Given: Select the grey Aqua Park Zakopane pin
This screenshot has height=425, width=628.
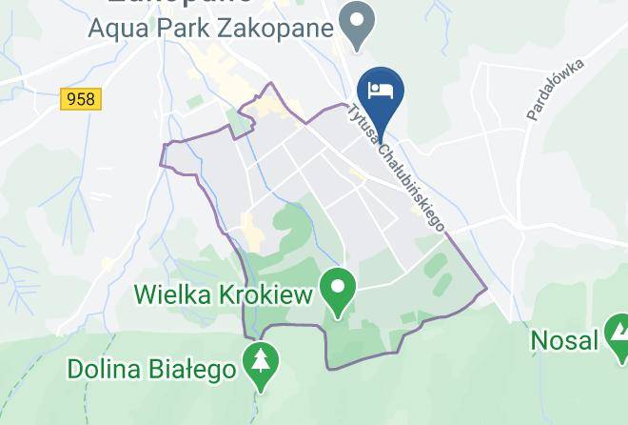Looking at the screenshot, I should (358, 24).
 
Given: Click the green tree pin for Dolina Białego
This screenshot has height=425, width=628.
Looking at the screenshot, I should (259, 363).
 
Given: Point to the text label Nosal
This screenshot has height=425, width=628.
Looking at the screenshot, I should (563, 339).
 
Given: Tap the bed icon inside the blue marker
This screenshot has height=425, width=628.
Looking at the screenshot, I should (382, 88).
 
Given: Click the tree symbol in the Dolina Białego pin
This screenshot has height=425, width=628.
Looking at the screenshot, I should (259, 360).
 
